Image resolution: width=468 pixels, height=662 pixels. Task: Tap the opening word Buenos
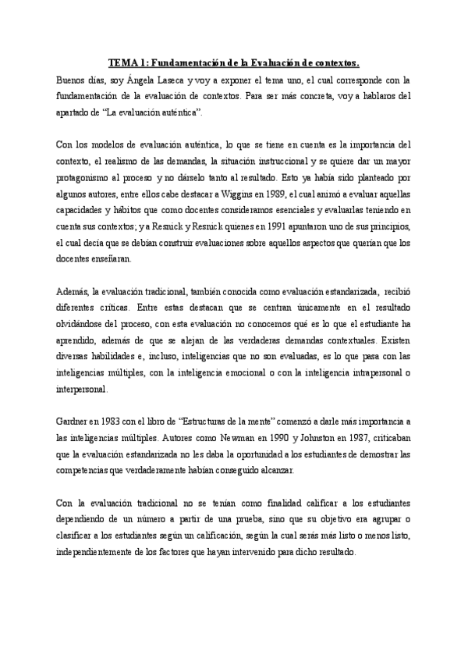click(73, 80)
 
